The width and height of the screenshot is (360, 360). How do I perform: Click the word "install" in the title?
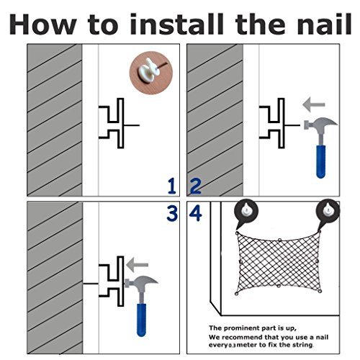tap(176, 24)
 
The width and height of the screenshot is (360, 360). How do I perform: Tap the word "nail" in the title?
tap(324, 24)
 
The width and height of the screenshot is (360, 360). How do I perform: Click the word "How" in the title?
tap(42, 24)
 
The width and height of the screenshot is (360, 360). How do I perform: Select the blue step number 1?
tap(172, 186)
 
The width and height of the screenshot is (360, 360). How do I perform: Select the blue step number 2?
tap(195, 186)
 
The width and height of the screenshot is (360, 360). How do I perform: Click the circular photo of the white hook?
tap(151, 73)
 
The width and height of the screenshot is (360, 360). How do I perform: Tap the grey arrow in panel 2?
tap(314, 104)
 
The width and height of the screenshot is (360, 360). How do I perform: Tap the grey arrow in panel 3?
tap(137, 265)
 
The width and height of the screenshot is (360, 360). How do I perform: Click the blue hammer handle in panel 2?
tap(321, 161)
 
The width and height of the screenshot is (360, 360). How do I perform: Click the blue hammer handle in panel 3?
tap(141, 320)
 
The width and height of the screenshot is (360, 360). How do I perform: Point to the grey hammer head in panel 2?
tap(320, 124)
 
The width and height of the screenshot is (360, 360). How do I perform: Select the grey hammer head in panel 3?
tap(141, 282)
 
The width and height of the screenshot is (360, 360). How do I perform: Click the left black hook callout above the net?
tap(246, 212)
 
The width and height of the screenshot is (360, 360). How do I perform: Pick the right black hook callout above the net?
tap(328, 212)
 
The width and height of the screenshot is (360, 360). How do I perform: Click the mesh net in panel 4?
tap(278, 263)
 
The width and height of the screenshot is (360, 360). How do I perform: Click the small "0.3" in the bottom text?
tap(233, 346)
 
